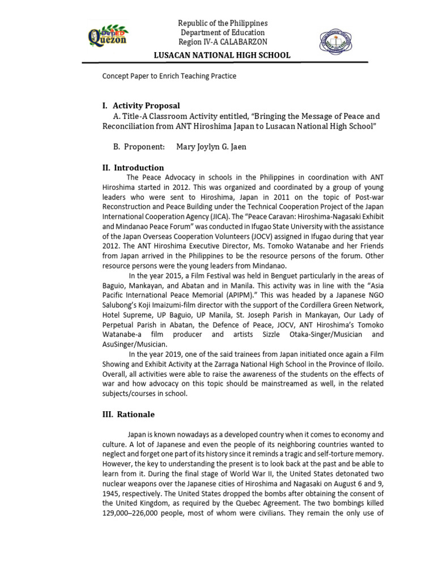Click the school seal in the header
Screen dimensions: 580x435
coord(339,40)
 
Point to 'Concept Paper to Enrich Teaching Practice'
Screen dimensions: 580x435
coord(169,76)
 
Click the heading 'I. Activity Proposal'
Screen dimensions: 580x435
coord(140,105)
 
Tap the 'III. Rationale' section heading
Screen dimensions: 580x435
coord(127,415)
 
